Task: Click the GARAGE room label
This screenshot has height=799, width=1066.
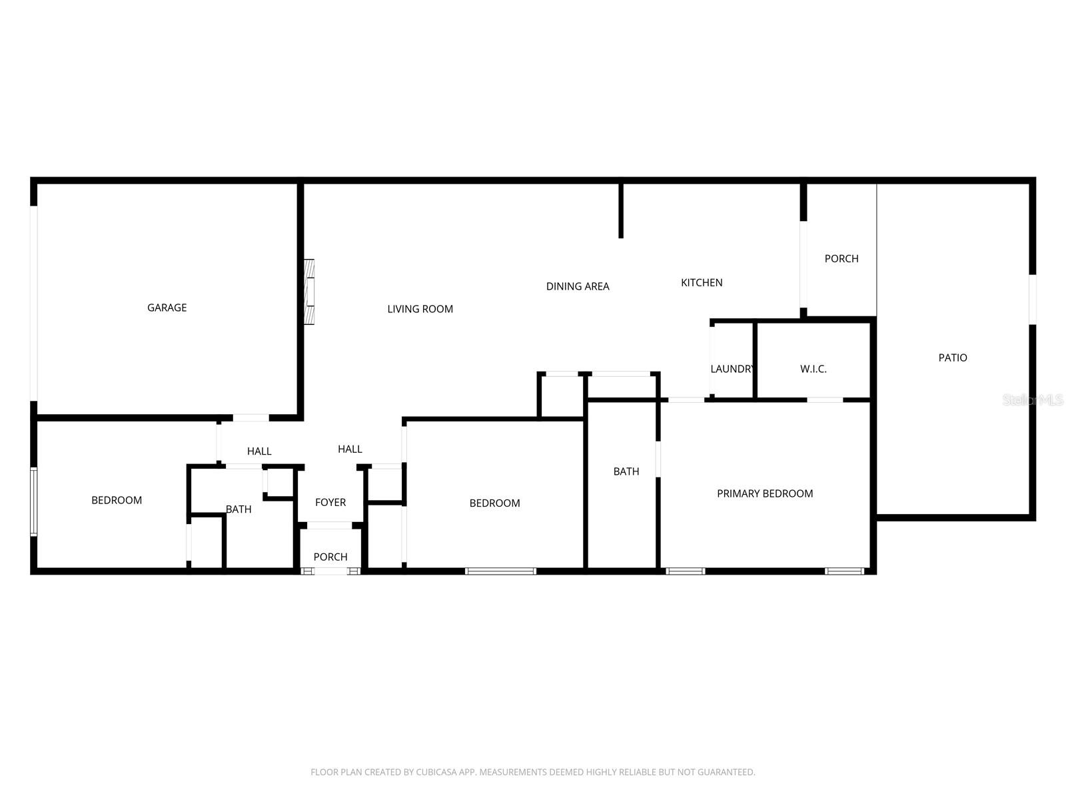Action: coord(167,308)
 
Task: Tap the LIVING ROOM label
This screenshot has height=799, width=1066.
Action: coord(420,309)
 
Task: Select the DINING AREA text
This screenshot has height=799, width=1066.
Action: coord(578,286)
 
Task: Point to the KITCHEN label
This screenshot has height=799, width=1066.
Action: coord(702,283)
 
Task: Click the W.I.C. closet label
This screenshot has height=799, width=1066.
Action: coord(813,369)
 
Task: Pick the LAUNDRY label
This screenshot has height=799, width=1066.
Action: coord(732,369)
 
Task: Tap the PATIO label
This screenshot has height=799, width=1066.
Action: coord(953,358)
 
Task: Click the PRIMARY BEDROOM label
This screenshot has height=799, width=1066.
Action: coord(765,493)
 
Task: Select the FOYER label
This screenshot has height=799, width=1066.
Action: coord(330,503)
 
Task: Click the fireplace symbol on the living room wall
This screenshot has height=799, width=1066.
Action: coord(309,292)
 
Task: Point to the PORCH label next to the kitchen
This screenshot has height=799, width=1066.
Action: coord(841,258)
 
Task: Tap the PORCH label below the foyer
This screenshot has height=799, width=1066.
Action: coord(330,557)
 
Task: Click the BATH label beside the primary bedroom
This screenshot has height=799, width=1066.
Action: coord(626,471)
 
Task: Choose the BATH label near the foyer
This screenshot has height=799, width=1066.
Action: coord(239,509)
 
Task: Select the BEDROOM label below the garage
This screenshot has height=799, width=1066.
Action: coord(117,500)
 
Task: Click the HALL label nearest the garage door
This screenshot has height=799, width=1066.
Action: coord(259,451)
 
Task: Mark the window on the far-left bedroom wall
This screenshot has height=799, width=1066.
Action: coord(33,501)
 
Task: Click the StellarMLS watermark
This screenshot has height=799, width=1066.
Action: coord(1033,400)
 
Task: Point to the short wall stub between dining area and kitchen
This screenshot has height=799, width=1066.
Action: coord(621,210)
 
